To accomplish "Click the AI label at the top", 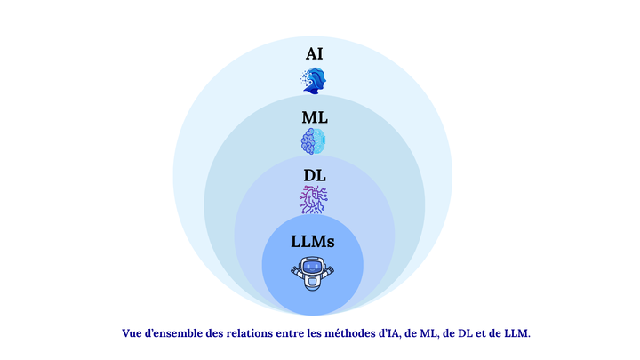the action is (x=314, y=54).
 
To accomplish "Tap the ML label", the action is (x=313, y=116).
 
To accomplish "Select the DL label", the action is (x=313, y=175).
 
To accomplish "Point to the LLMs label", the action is (x=313, y=240).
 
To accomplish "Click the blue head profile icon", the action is (x=314, y=81).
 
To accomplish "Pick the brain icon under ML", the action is (x=313, y=141).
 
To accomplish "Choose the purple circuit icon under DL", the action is (x=313, y=201).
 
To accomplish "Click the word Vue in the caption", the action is (x=132, y=334).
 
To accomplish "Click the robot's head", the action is (x=313, y=265).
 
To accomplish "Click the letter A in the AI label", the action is (x=310, y=54).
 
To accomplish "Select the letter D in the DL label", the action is (x=308, y=175).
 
